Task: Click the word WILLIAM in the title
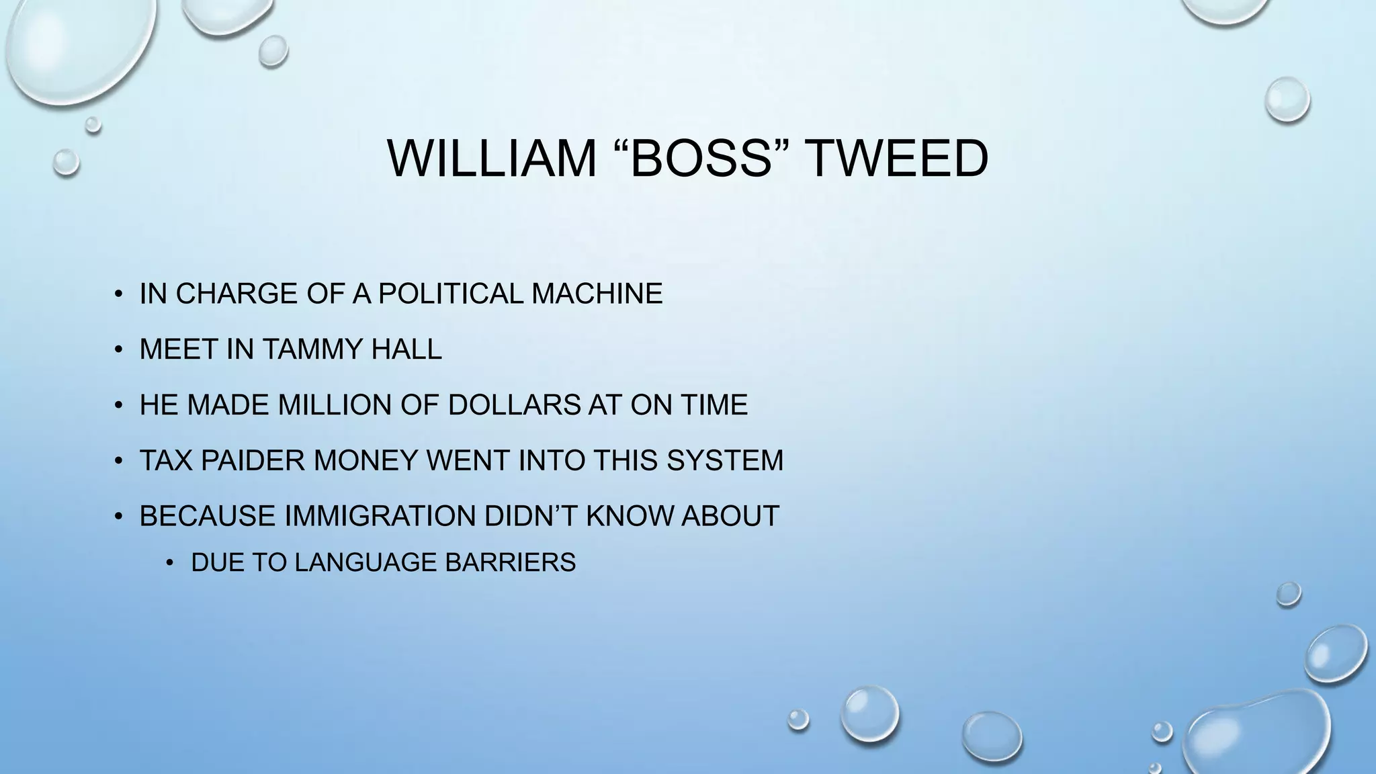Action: [x=492, y=159]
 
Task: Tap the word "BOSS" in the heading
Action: [x=700, y=159]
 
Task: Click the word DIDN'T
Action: [x=531, y=516]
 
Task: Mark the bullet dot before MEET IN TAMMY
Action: [x=118, y=350]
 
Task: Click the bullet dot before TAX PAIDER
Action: [x=118, y=462]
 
